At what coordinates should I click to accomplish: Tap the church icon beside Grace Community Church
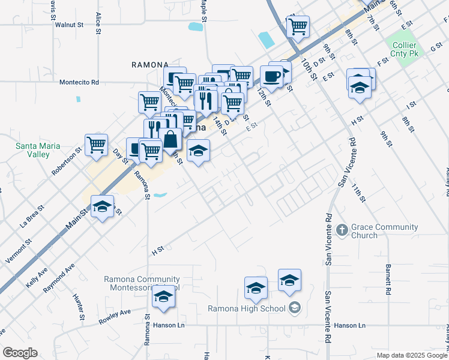342,229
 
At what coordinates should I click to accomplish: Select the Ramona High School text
248,308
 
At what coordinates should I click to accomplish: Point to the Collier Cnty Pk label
406,49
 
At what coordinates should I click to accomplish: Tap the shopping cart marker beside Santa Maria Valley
96,145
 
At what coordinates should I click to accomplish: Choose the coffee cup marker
271,76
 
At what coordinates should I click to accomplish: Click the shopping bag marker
170,139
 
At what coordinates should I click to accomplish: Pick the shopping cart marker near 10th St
298,26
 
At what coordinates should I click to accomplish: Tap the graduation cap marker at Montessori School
162,297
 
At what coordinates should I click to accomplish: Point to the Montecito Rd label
79,83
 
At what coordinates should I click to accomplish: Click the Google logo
20,353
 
